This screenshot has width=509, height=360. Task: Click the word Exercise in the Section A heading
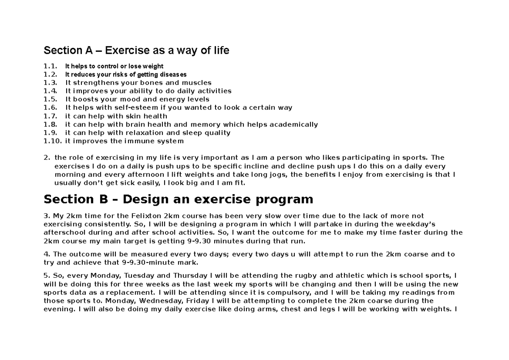[x=127, y=51]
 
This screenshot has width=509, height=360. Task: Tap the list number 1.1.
[x=50, y=66]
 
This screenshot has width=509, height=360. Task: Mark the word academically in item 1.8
[x=292, y=124]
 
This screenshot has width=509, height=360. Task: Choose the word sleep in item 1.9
[x=193, y=133]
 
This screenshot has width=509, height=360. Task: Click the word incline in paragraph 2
[x=243, y=166]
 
